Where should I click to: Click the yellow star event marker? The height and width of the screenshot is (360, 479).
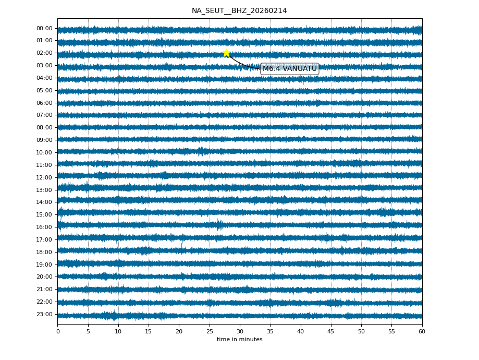(x=226, y=53)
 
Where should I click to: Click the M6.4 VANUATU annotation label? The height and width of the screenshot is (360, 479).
(x=289, y=69)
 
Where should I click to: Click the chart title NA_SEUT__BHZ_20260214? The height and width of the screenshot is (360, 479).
(x=239, y=10)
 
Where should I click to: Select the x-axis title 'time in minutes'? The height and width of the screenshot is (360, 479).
(x=239, y=340)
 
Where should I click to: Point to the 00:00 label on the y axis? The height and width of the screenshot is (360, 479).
(x=44, y=28)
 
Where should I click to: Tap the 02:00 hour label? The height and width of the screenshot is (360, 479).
(x=44, y=53)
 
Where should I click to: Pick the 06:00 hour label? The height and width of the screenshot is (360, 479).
(x=44, y=103)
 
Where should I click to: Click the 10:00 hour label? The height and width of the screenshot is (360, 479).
(x=44, y=152)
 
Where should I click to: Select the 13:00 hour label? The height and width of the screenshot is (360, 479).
(x=44, y=190)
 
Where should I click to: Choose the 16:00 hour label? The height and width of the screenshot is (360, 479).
(x=44, y=227)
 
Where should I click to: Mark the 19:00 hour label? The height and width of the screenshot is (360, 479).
(x=44, y=265)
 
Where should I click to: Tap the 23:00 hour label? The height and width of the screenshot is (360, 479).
(x=44, y=314)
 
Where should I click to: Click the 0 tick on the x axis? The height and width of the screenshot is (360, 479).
(x=58, y=331)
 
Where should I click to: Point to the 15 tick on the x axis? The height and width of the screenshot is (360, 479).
(x=149, y=331)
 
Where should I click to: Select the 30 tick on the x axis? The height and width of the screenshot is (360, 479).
(x=240, y=331)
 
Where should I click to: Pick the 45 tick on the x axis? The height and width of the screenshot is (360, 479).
(x=331, y=331)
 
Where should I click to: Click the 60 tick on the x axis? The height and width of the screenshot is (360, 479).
(x=422, y=331)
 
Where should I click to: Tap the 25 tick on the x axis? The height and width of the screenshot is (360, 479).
(x=210, y=331)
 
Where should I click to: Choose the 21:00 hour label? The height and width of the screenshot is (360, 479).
(x=44, y=289)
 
